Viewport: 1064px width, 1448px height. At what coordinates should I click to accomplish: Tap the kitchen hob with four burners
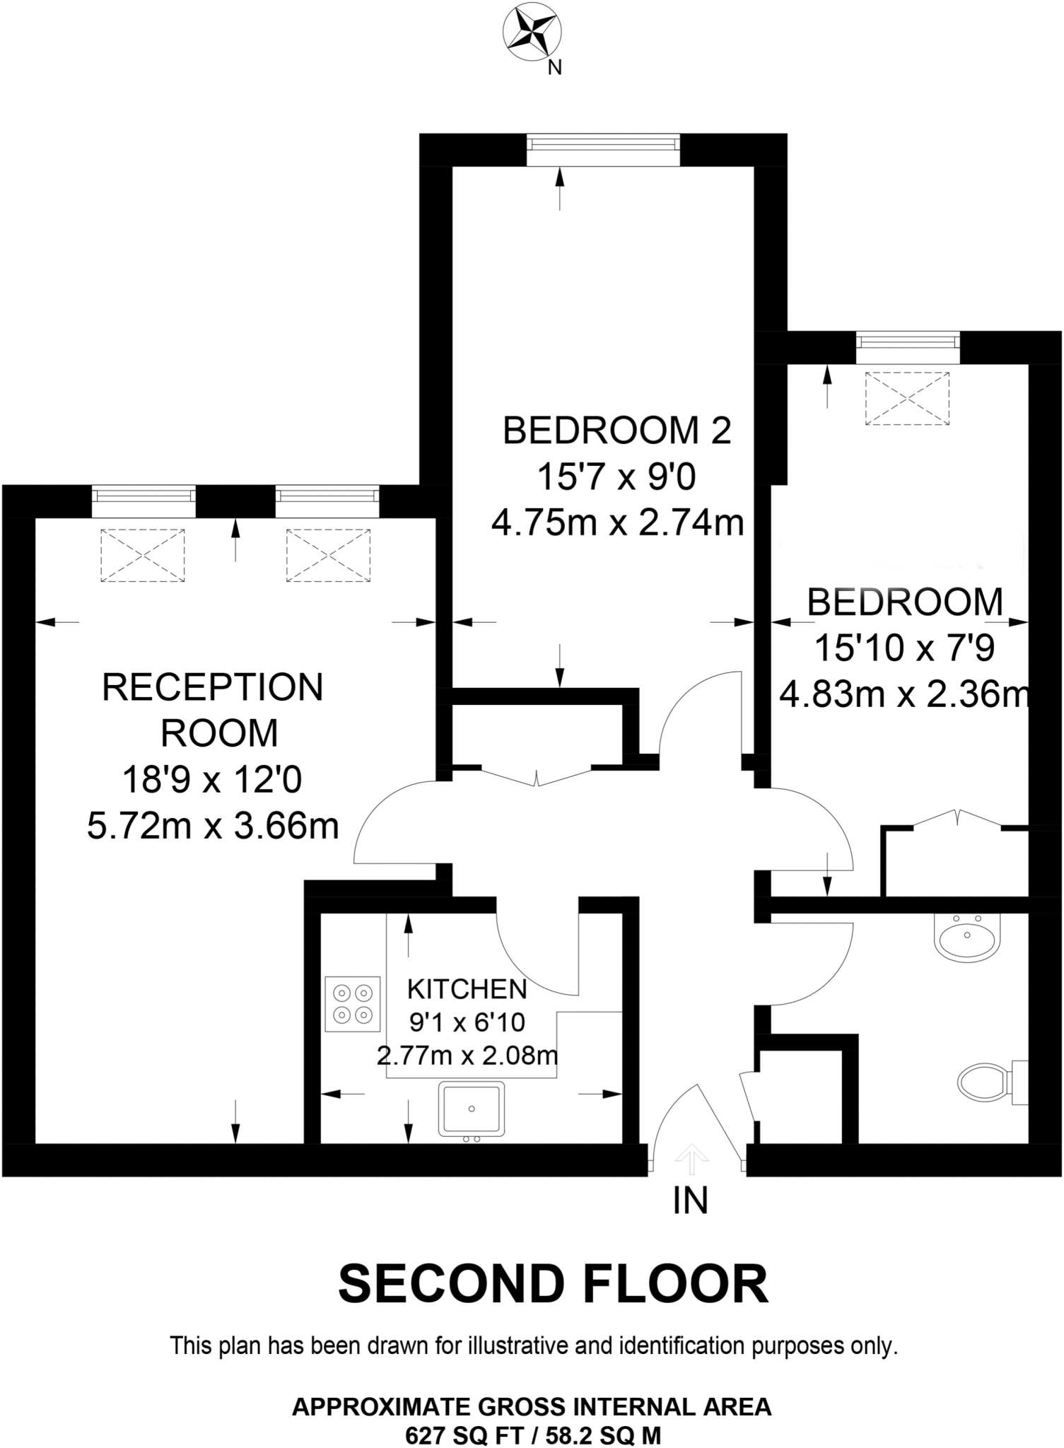coord(353,1003)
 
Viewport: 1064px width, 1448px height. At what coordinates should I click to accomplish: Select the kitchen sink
coord(472,1108)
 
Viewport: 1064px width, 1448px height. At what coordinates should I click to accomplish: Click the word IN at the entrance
coord(690,1201)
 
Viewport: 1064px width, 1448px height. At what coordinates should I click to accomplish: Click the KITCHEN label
coord(467,989)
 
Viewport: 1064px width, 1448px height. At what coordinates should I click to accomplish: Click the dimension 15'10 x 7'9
coord(904,648)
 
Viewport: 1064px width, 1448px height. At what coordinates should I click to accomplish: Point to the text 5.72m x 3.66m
coord(213,826)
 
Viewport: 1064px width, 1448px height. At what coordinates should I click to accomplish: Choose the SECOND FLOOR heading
coord(553,1285)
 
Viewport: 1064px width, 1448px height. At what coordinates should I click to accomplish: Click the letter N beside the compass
coord(556,68)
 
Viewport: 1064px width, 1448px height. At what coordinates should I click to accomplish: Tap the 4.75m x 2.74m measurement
coord(618,524)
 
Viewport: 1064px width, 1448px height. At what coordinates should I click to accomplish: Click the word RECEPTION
coord(213,687)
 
